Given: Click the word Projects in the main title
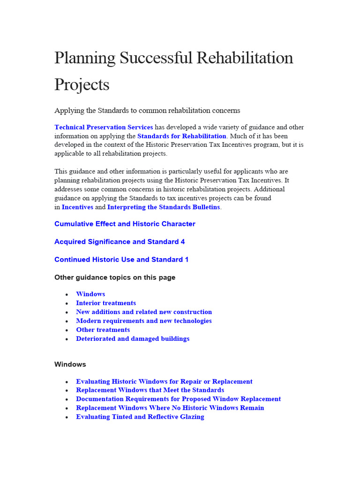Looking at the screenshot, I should point(82,84).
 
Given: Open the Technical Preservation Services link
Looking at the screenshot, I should point(104,127).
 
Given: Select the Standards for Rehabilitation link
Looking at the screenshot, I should point(181,136).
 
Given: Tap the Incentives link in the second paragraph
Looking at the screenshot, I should point(77,207).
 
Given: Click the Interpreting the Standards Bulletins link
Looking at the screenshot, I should point(164,207).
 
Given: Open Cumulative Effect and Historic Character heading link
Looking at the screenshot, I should point(125,224).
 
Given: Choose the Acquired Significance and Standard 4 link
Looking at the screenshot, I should point(120,241).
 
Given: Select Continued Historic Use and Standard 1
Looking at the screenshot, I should point(121,259).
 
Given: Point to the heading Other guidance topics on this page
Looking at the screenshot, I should point(115,277).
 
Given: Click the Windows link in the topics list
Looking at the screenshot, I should point(90,294).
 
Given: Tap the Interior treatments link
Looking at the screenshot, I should point(106,303).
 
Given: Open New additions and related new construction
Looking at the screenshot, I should point(144,312).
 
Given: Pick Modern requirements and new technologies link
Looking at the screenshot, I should point(144,321).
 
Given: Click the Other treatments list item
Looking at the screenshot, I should point(103,330).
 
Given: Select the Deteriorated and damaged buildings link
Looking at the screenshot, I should point(133,338).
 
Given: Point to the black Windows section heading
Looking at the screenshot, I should point(70,364).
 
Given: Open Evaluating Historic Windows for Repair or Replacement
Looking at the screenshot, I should point(164,381).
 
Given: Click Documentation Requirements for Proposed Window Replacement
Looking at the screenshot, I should point(178,399).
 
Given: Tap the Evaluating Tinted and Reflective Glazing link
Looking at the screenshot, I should point(140,417).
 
